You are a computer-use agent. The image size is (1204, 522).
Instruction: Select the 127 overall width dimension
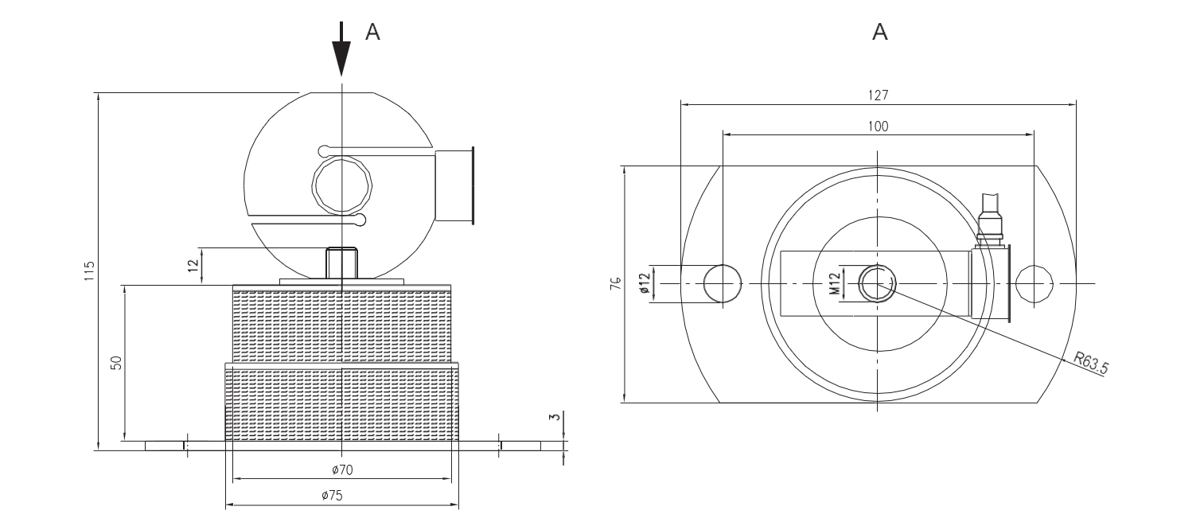[879, 95]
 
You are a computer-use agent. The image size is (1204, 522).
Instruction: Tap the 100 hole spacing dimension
[879, 127]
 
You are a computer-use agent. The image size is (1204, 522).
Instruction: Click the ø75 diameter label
[332, 496]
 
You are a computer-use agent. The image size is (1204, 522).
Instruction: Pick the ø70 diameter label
[341, 469]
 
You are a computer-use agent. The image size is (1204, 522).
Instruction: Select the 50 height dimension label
[116, 363]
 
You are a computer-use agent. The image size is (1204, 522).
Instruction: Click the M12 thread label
[835, 283]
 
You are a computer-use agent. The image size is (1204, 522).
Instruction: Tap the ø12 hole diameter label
[645, 283]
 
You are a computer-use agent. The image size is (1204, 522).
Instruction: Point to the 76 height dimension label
[615, 284]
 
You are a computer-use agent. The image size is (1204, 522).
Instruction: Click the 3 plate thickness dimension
[555, 416]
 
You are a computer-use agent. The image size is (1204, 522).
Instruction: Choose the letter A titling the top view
[879, 32]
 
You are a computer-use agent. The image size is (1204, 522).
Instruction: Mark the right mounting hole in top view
[1034, 284]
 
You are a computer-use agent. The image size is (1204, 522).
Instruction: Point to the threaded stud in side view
[342, 262]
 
